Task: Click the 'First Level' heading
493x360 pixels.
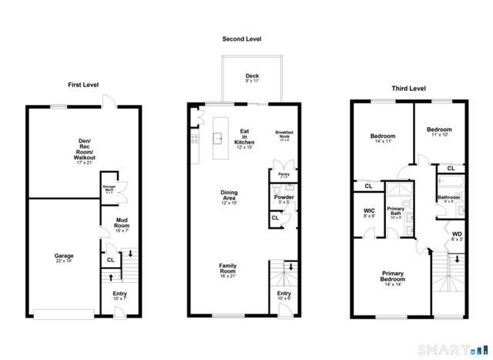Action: click(x=85, y=85)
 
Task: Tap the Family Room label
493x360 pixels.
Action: click(x=226, y=269)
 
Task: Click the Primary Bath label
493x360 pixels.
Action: click(x=396, y=211)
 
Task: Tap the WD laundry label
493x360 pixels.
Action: click(x=457, y=236)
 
